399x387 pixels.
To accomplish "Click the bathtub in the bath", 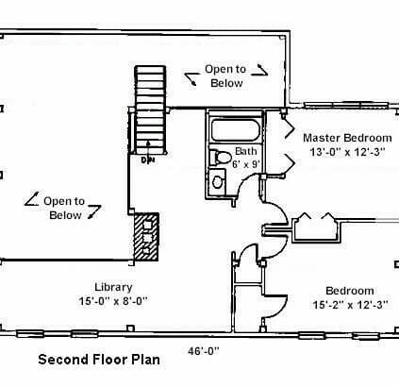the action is coord(236,129).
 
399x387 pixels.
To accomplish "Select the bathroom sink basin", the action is coord(217,181).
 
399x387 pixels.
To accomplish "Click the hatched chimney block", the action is coord(146,237).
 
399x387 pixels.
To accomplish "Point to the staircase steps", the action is coord(150,109).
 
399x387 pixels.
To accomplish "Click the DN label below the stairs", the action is coord(148,160).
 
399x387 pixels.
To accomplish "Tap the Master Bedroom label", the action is coord(347,138).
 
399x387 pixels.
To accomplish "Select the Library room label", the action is coord(113,287).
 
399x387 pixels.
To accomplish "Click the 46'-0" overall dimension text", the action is coord(204,350).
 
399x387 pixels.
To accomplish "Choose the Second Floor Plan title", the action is coord(99,360).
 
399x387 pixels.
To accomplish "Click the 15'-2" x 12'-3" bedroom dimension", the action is coord(350,305).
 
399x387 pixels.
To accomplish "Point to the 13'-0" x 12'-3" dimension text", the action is coord(347,152).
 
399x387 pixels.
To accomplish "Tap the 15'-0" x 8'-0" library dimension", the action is coord(113,301).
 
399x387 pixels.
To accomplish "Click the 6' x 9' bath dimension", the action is coord(246,164).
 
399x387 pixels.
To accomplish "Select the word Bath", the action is coord(246,151).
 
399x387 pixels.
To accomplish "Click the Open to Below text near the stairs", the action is coord(225,76).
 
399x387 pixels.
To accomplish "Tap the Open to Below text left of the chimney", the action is coord(64,208).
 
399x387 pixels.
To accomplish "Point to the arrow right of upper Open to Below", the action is coord(260,71).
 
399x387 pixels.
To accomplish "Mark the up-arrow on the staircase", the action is coord(148,147).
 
